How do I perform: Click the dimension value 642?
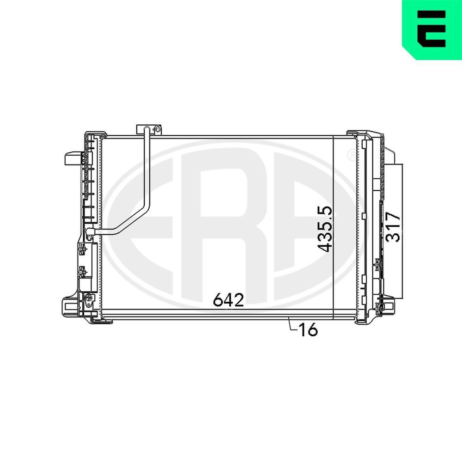pos(228,300)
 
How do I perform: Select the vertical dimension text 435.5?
pos(325,229)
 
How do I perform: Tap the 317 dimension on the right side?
pos(393,227)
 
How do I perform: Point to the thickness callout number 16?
pos(308,330)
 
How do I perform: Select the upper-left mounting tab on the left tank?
pos(71,158)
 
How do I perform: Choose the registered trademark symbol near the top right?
pos(351,154)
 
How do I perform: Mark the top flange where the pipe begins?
pos(143,128)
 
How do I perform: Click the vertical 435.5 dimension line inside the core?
pos(333,277)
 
